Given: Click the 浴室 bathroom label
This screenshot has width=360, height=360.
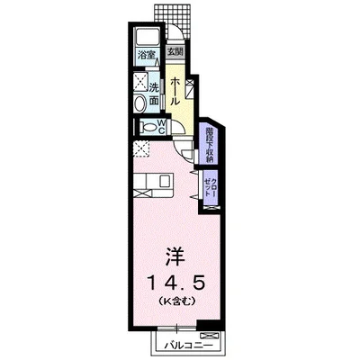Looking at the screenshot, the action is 147,56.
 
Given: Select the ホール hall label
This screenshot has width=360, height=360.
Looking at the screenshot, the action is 175,91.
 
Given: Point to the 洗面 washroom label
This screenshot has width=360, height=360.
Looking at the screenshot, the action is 154,94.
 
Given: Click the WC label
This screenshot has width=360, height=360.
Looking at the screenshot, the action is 161,126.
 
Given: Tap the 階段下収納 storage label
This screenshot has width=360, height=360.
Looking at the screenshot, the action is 210,145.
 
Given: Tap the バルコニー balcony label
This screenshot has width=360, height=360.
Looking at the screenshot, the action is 189,346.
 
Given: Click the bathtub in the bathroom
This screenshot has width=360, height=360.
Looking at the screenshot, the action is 146,38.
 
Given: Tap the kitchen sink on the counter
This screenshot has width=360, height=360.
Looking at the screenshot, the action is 166,181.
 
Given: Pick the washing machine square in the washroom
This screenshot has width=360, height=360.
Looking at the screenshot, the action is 140,82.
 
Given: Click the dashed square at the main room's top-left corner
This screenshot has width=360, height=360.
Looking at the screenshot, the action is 141,149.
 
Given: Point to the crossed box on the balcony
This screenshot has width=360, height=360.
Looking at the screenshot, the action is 210,336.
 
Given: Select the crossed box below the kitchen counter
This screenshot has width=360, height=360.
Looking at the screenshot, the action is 141,193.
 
